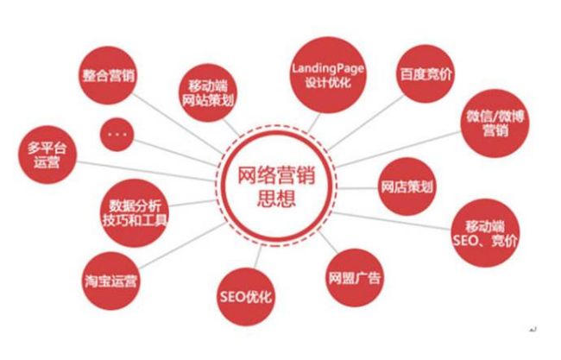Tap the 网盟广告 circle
(354, 278)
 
